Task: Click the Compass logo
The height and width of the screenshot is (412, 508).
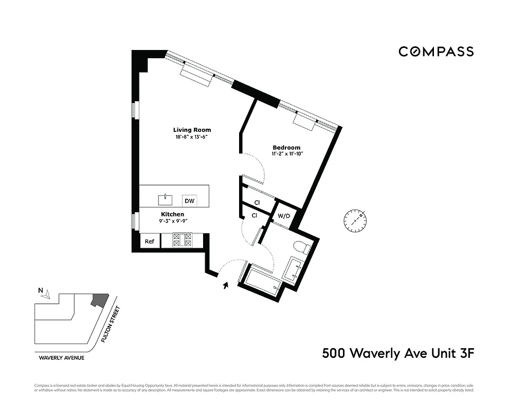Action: coord(436,51)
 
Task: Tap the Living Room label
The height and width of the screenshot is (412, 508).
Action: coord(192,130)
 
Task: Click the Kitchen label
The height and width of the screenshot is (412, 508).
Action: coord(172,214)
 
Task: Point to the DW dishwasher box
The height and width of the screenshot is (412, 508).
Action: coord(190,201)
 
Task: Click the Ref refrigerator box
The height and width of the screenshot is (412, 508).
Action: coord(150,241)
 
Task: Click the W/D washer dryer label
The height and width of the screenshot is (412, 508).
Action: coord(284,216)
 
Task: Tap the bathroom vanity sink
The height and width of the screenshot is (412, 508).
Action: coord(295,270)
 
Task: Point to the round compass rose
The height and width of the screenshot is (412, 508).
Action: coord(355,220)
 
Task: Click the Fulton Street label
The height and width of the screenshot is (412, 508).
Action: coord(111,324)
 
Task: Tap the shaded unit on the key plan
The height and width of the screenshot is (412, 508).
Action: coord(99,300)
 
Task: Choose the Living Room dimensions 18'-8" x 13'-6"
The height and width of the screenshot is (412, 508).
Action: coord(192,137)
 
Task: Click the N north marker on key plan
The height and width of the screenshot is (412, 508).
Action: coord(41,290)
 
